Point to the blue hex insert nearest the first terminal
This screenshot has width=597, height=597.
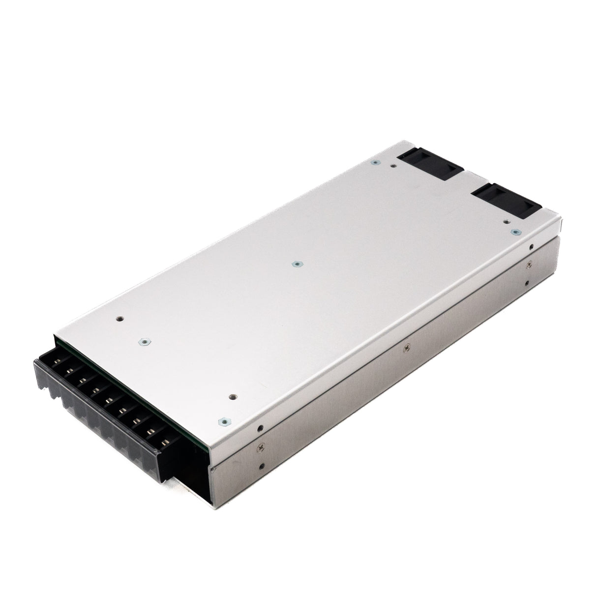[x=144, y=340]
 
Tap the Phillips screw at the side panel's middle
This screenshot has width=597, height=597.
[x=406, y=348]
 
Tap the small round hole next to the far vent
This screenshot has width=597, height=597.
[x=392, y=166]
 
